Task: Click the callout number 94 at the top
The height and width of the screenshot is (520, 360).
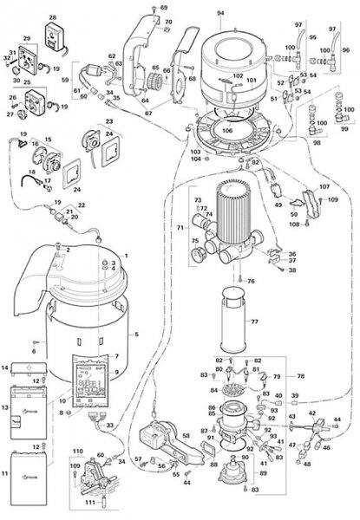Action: coord(219,13)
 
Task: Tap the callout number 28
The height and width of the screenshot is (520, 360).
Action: coord(52,17)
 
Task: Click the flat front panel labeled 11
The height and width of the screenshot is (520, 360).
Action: coord(34,477)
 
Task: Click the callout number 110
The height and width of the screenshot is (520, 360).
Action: coord(77,452)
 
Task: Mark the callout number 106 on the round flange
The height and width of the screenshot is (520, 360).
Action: coord(227,131)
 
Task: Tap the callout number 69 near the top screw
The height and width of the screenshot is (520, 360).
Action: coord(163,7)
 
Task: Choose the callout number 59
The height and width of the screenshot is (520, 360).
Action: coord(64,80)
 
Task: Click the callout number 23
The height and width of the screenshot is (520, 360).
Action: coord(109,121)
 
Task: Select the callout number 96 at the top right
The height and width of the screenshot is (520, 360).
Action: coord(345,51)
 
